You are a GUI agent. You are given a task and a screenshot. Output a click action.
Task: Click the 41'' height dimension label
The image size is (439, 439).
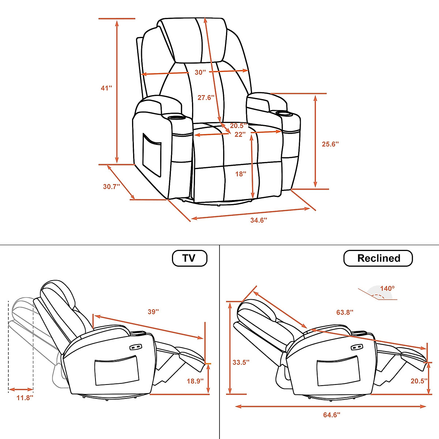[x=106, y=88]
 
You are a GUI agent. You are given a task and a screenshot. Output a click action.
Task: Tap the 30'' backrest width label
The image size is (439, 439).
[x=200, y=72]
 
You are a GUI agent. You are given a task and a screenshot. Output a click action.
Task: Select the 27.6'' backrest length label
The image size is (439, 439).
[x=206, y=98]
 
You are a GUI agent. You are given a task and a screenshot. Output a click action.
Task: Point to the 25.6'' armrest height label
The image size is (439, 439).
[x=330, y=144]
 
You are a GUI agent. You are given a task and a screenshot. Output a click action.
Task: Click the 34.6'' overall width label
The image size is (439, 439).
[x=259, y=220]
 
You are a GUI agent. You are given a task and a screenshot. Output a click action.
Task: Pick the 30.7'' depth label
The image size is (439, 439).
[x=112, y=186]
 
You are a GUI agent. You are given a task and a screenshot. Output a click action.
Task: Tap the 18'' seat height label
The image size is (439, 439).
[x=241, y=174]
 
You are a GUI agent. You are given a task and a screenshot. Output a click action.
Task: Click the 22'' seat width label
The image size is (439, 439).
[x=240, y=134]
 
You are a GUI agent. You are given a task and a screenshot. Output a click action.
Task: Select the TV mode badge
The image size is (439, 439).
[x=190, y=258]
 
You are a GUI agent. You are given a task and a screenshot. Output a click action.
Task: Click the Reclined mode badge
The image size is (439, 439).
[x=378, y=258]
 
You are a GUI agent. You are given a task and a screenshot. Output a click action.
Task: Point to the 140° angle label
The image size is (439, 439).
[x=387, y=288]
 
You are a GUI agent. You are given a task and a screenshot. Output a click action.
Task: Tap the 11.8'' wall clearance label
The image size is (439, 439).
[x=25, y=398]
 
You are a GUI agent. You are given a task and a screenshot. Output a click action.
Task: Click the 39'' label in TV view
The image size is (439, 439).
[x=153, y=312]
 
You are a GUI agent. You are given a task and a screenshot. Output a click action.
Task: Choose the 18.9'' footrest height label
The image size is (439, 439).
[x=195, y=381]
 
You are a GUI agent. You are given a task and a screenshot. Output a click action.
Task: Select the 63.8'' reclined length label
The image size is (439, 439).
[x=345, y=312]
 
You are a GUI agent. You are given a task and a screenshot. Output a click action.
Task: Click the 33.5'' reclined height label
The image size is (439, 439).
[x=241, y=362]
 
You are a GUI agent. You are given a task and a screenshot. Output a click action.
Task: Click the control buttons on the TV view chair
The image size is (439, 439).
[x=135, y=347]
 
